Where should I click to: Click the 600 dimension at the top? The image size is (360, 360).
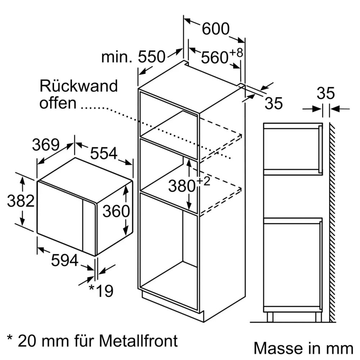click(x=215, y=29)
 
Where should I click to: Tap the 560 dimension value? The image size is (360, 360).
click(x=215, y=57)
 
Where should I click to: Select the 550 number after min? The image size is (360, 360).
click(x=152, y=57)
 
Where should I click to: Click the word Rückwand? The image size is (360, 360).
click(x=78, y=86)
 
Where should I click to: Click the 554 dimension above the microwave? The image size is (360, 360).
click(x=104, y=154)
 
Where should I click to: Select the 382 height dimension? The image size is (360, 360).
click(x=21, y=201)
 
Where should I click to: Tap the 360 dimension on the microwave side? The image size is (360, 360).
click(x=116, y=211)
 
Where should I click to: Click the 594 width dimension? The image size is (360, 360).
click(x=64, y=260)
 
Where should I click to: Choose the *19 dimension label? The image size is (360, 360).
click(x=101, y=291)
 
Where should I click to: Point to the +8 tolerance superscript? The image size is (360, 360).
click(x=236, y=53)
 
